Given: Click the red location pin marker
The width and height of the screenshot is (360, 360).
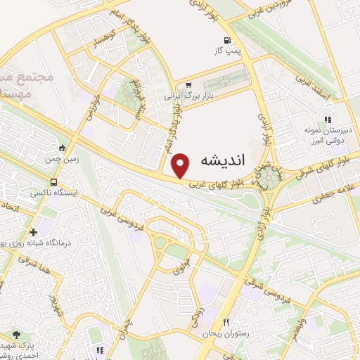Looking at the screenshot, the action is pos(181,165).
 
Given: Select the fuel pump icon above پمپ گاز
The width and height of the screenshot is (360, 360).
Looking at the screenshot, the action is pos(226,40).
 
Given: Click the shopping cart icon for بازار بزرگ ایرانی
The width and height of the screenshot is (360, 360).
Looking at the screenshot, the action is pos(188,84).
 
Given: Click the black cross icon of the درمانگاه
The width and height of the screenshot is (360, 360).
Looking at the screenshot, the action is pos(33,232).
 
